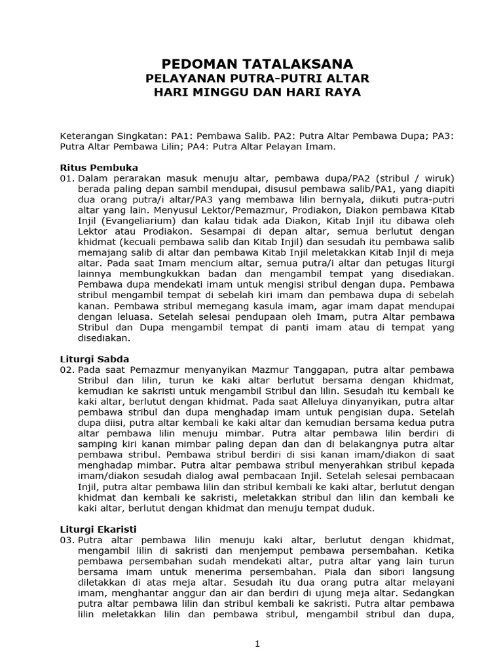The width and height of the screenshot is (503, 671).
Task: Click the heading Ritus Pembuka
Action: point(99,168)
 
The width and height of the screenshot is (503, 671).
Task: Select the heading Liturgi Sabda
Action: point(95,359)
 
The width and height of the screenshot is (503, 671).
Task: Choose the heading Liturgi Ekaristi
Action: point(100,529)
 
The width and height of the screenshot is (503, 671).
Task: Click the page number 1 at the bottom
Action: point(257,643)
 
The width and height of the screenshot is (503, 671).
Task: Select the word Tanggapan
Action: point(341,370)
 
